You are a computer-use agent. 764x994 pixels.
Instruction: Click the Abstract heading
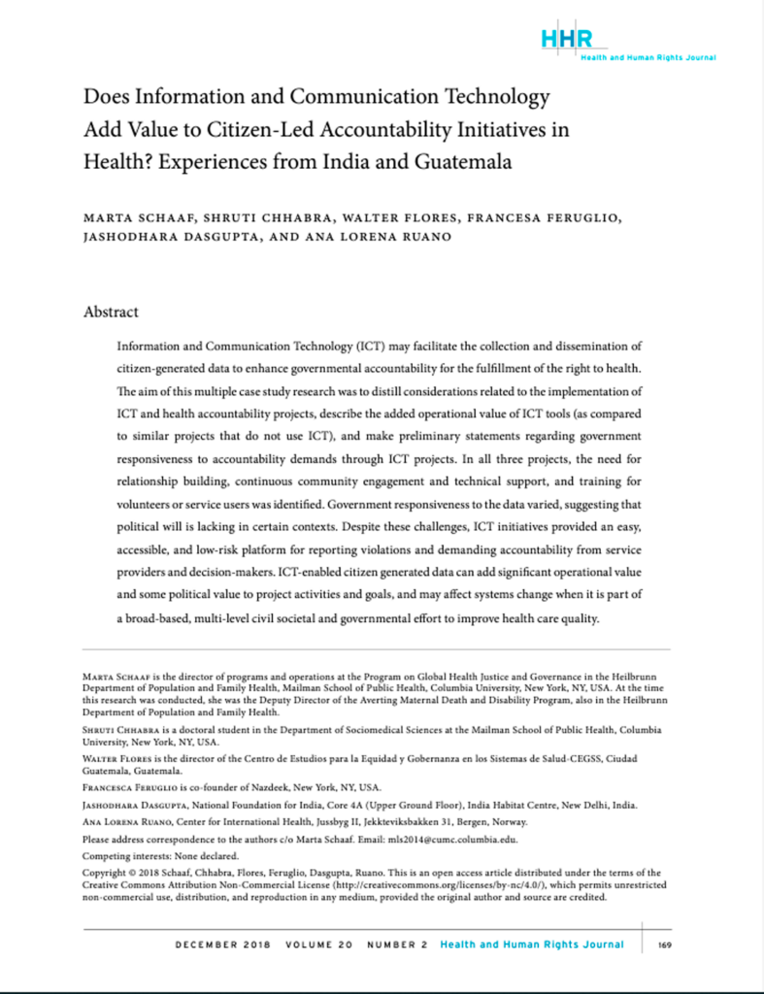tap(112, 312)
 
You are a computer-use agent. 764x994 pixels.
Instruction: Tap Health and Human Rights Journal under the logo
tap(648, 58)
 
